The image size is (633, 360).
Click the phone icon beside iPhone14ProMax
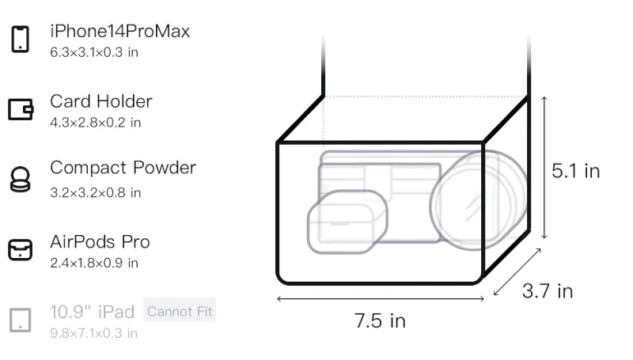click(x=21, y=39)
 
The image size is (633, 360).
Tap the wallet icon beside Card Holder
click(x=21, y=109)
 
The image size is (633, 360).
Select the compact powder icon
click(x=21, y=179)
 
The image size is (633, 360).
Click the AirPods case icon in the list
click(x=21, y=249)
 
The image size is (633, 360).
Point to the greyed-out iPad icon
click(x=21, y=320)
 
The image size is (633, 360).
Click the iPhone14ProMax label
click(x=120, y=32)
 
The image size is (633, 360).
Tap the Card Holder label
click(x=101, y=101)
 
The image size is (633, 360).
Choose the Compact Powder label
click(x=123, y=169)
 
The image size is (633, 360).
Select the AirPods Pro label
click(x=100, y=242)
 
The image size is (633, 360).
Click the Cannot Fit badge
click(x=180, y=311)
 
